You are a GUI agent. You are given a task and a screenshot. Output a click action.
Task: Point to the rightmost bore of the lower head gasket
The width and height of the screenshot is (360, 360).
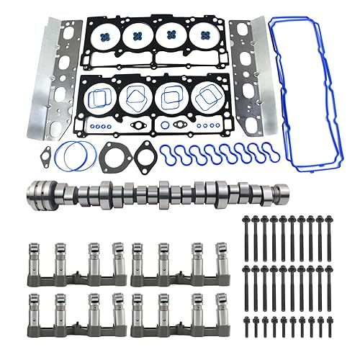click(x=206, y=96)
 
